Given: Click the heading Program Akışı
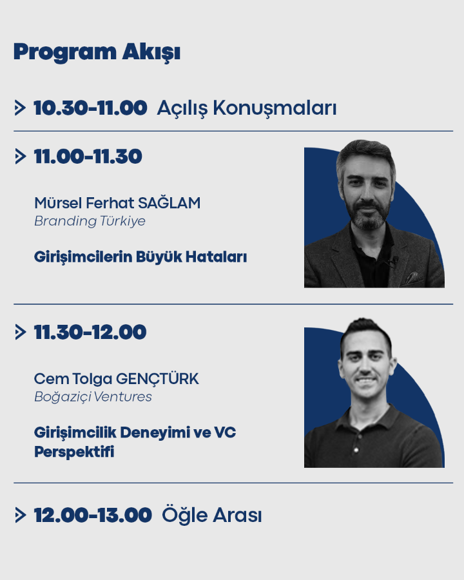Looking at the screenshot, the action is (x=97, y=52).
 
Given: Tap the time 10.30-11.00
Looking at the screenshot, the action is (x=90, y=108).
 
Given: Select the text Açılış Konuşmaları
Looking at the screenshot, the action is (x=247, y=108).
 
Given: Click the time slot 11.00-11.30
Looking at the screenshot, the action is (x=88, y=157).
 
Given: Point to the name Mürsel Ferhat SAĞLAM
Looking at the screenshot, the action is (x=117, y=203).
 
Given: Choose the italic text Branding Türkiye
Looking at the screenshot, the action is (x=90, y=221).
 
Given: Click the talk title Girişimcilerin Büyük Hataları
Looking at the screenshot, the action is (x=140, y=257).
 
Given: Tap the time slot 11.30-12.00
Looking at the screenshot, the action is (x=90, y=332).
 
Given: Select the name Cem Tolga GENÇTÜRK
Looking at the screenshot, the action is (x=117, y=379).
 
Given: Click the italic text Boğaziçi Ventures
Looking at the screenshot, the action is (x=93, y=397).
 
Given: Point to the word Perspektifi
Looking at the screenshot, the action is (x=74, y=452).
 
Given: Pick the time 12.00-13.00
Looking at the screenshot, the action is (x=93, y=516).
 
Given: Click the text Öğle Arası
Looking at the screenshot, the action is (x=211, y=515).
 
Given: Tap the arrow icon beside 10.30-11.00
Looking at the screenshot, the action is (x=20, y=108).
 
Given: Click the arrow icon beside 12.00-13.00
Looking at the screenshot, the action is (x=21, y=516).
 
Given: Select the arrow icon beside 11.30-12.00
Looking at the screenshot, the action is (x=21, y=332).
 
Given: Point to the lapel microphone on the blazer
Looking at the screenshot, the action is (x=394, y=260).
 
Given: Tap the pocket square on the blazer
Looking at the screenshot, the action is (x=413, y=278).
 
